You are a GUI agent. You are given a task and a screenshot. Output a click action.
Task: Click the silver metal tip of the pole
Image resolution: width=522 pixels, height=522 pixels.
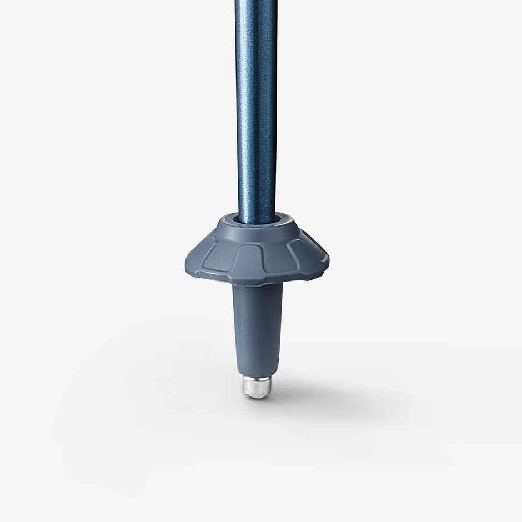point(257,387)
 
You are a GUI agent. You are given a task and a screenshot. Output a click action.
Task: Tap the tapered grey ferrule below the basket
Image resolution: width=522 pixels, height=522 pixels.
point(257,328)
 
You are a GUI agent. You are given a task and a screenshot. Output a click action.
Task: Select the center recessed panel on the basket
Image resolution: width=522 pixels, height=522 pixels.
point(248,257)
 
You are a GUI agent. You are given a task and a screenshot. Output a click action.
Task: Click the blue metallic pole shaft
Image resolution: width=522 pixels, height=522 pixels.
point(255,111)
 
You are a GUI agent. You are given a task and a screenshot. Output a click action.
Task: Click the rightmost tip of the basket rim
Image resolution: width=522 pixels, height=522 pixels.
point(328,258)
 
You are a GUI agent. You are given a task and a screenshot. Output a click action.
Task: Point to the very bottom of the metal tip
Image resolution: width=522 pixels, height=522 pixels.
point(257,397)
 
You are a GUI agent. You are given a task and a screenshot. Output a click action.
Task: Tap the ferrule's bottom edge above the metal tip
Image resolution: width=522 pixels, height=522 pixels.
point(257,375)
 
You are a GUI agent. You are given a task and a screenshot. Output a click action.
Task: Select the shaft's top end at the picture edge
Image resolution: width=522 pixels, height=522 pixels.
point(255,2)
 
